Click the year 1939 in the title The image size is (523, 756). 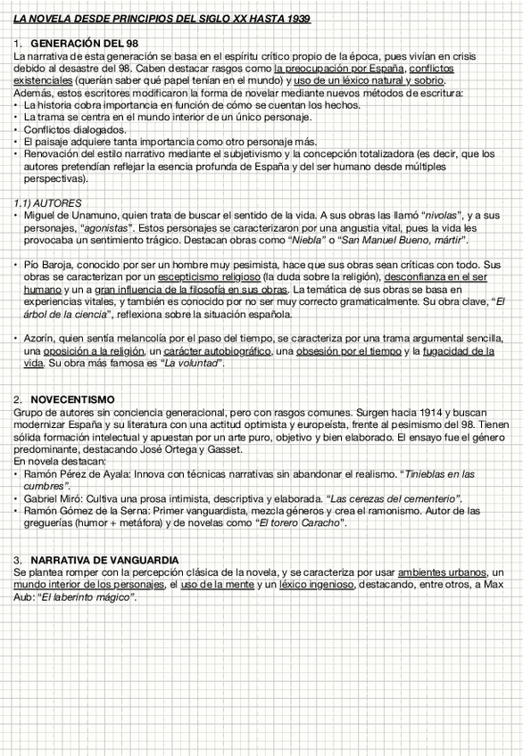[x=298, y=19]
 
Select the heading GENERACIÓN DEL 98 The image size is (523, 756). [x=84, y=43]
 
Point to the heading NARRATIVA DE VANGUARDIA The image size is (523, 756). [x=104, y=559]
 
